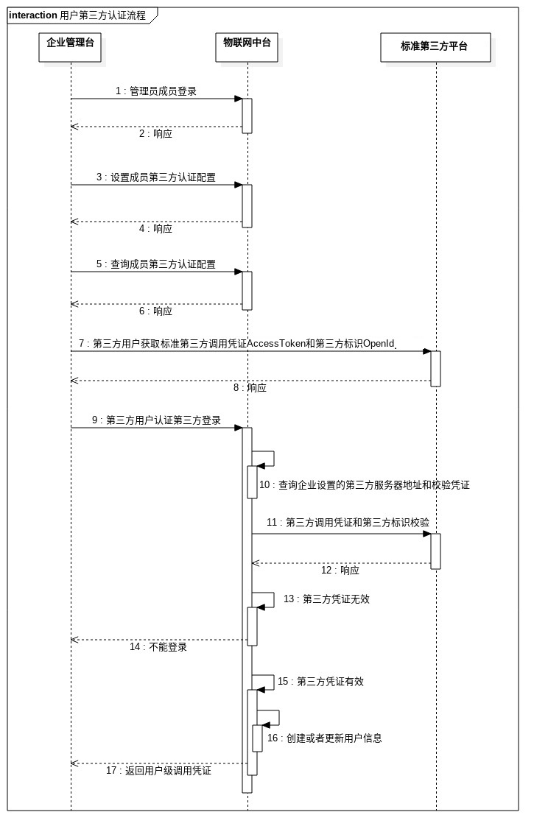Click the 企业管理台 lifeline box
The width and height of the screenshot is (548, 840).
coord(71,43)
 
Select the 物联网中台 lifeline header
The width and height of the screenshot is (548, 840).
coord(247,43)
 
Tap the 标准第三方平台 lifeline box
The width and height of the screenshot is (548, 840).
coord(435,46)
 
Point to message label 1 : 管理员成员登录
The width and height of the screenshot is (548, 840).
coord(155,91)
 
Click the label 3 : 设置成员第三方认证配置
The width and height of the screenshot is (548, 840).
coord(155,177)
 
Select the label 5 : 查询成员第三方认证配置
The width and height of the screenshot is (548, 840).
coord(155,264)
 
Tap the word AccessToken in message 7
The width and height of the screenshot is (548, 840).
coord(275,344)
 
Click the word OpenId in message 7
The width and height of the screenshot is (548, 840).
coord(379,344)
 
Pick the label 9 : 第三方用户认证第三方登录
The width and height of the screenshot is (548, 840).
coord(156,420)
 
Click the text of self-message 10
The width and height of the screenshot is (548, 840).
coord(364,485)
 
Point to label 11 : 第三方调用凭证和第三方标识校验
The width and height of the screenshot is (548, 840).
coord(348,522)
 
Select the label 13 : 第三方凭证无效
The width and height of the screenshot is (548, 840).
coord(326,599)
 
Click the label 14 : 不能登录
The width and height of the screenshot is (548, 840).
coord(158,647)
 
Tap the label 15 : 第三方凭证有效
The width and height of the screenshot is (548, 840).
coord(320,682)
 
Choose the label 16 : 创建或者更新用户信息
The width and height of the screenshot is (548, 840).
coord(324,738)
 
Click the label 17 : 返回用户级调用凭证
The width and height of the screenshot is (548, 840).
coord(158,771)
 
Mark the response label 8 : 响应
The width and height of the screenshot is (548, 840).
coord(250,388)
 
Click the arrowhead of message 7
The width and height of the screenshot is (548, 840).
coord(426,351)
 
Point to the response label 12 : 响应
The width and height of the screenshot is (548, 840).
coord(340,571)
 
